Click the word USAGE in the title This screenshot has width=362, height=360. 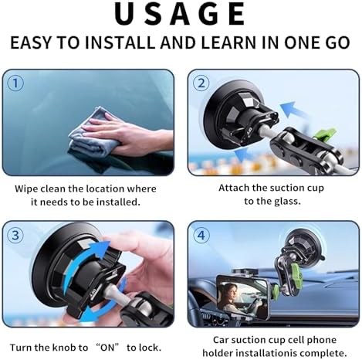coord(181,15)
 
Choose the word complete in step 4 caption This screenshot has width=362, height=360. coord(318,353)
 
